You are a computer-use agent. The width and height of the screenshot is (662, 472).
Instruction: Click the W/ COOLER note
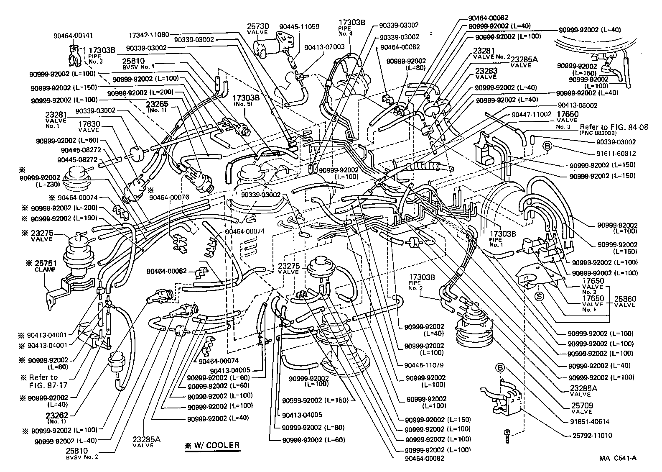[x=213, y=445]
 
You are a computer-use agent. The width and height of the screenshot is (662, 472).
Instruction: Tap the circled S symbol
[x=540, y=296]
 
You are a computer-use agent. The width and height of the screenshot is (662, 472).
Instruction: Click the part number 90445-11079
[x=424, y=364]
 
